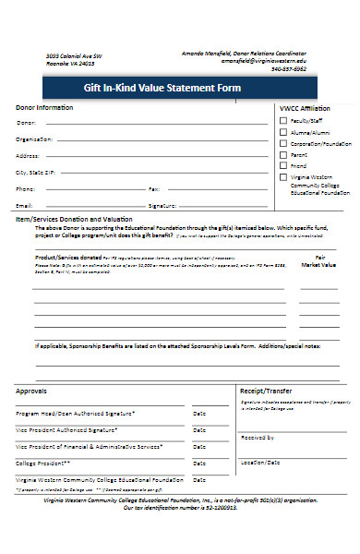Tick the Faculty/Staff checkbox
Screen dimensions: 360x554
283,120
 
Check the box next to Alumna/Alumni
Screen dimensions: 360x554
283,132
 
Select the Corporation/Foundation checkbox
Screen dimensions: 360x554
283,144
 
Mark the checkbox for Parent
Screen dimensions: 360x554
283,156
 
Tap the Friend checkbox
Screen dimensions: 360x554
283,167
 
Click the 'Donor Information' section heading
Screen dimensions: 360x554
45,108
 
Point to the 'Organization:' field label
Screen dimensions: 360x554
35,138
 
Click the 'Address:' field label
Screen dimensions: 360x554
28,155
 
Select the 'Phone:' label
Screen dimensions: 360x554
26,188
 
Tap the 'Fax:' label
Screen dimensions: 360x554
154,188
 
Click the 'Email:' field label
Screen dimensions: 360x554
25,205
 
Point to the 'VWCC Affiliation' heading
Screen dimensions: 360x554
305,108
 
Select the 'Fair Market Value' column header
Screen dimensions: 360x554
319,262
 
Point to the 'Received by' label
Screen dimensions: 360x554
258,438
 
